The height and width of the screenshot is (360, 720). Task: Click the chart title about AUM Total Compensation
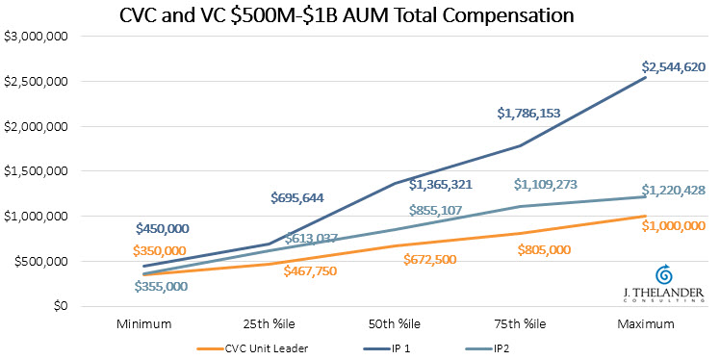click(x=359, y=16)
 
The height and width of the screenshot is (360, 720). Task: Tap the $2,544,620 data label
click(x=674, y=67)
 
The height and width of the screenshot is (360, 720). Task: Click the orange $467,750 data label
click(x=318, y=271)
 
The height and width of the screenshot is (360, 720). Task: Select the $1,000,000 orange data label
click(x=674, y=225)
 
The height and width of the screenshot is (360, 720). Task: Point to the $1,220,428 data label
click(x=674, y=191)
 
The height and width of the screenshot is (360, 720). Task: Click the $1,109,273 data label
click(x=548, y=184)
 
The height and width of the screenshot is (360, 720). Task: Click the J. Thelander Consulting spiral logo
click(x=663, y=272)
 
